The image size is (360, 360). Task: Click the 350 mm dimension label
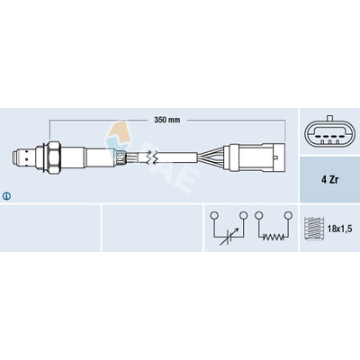(167, 120)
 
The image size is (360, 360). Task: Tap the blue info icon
(6, 196)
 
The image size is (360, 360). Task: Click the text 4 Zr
(329, 180)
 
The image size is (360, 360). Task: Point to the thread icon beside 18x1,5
(314, 229)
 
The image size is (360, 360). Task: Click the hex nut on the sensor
(53, 157)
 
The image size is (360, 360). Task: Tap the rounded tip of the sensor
(14, 157)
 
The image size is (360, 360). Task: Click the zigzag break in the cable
(150, 157)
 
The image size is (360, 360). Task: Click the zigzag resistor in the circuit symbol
(274, 237)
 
